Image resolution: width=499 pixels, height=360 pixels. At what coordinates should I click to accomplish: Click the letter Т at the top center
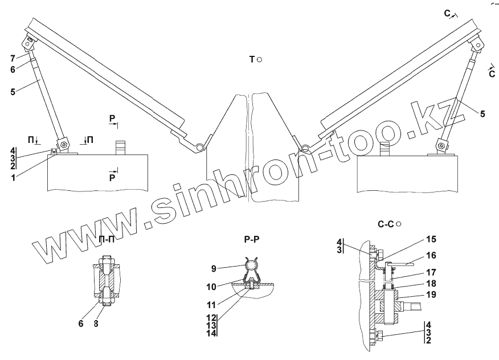252,59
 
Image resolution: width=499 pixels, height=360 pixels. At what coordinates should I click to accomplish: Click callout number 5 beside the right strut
482,114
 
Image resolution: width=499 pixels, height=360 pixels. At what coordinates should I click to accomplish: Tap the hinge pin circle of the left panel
199,148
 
